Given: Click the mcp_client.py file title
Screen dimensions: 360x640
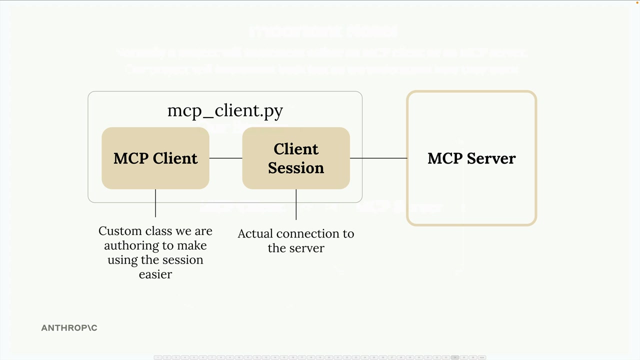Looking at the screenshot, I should pos(225,110).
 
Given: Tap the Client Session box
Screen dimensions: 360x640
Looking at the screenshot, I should pos(296,158).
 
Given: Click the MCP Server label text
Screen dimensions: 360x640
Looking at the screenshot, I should pos(471,158).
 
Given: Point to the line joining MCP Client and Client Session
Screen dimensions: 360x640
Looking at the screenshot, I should pos(225,158).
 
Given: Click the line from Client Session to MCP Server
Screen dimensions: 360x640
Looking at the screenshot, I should pos(378,158).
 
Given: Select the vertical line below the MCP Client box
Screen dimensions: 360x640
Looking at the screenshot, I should pos(155,203).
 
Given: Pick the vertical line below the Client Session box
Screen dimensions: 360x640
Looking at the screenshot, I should pos(296,204).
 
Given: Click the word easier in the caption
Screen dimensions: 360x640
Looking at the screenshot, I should pos(155,274).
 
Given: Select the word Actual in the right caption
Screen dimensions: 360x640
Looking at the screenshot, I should pos(255,233).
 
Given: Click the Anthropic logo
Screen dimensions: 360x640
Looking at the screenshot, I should pos(69,328).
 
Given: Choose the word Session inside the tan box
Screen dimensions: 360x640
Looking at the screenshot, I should pos(296,168).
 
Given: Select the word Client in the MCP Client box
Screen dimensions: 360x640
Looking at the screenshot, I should pos(175,158).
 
